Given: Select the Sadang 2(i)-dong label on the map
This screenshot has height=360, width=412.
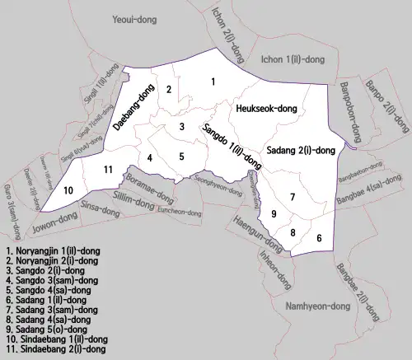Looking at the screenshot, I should click(301, 150).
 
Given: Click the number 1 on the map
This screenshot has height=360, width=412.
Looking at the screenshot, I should click(213, 81).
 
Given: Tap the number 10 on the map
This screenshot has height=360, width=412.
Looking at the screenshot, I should click(68, 190).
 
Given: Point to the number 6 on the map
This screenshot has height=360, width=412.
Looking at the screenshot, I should click(319, 237).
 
